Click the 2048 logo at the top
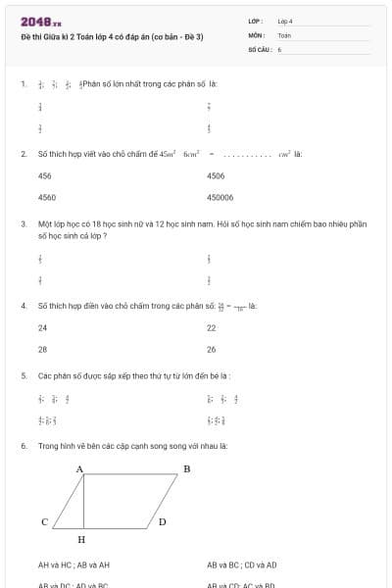41,22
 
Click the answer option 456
45,176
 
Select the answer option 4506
216,176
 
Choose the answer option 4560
46,197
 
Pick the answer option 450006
220,197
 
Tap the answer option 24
42,327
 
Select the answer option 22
211,327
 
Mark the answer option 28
42,349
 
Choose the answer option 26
211,349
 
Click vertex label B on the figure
186,469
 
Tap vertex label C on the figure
44,522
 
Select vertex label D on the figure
162,522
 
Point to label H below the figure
81,540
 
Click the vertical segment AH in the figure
84,502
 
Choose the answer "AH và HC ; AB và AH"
73,565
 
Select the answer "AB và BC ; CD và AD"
241,565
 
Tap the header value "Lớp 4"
285,22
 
